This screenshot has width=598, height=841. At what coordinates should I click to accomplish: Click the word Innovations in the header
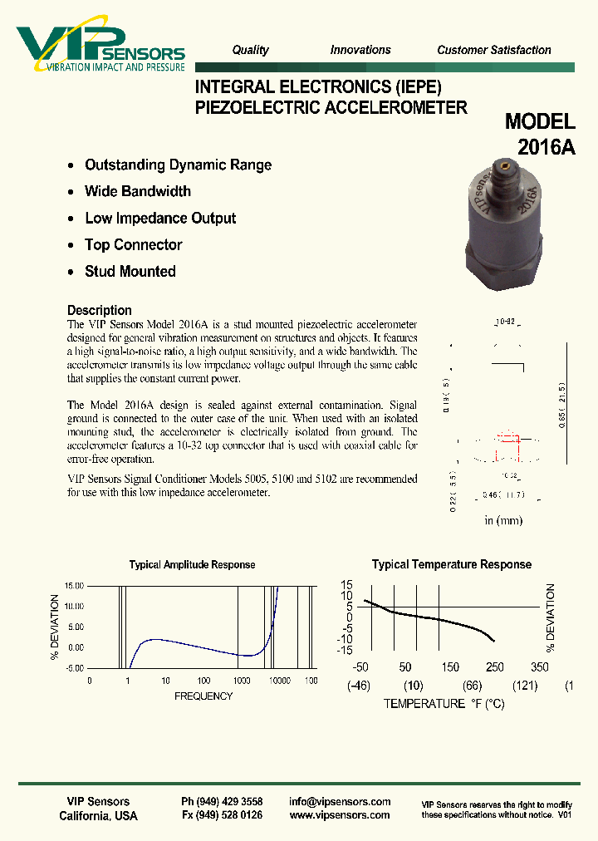360,50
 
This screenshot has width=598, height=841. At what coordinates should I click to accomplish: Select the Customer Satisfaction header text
493,50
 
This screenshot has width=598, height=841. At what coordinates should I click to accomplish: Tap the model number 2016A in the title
546,146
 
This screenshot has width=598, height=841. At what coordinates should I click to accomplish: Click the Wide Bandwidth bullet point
138,191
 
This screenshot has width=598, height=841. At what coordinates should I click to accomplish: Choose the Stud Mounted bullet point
130,271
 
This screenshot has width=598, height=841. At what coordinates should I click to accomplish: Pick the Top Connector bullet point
133,244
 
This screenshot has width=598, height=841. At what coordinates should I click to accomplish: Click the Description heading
100,310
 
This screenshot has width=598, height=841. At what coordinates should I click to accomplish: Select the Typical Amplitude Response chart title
192,564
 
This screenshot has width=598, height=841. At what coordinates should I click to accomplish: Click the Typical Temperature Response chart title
451,564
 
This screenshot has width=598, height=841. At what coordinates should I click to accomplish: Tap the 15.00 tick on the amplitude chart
73,586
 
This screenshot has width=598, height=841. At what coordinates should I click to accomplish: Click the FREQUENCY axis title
203,696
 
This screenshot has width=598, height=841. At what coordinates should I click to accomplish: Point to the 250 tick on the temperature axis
494,667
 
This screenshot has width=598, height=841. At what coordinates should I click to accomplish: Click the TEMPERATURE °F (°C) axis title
444,703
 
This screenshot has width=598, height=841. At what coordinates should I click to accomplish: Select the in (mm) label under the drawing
503,520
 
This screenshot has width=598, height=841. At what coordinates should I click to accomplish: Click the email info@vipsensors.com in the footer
340,802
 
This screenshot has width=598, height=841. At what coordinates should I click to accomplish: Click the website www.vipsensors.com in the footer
340,816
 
